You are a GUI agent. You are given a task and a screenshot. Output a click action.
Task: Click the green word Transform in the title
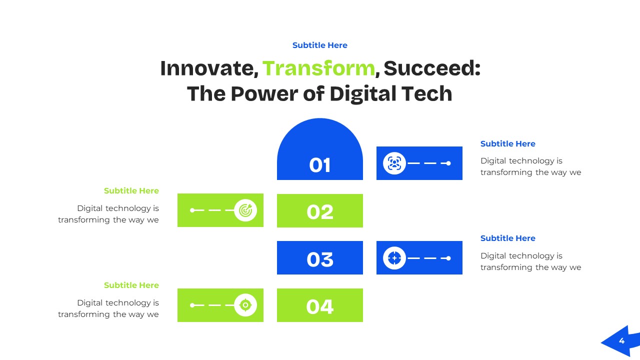tap(318, 68)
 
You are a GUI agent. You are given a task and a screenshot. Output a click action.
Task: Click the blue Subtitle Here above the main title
tap(319, 45)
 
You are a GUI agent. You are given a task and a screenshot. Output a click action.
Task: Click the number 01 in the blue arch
tap(320, 165)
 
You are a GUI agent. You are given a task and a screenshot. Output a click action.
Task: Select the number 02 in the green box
tap(320, 212)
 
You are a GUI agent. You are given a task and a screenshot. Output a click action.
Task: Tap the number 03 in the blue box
tap(320, 259)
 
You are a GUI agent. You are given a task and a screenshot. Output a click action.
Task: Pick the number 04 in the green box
tap(320, 306)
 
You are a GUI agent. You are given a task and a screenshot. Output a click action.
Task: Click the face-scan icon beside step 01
tap(394, 163)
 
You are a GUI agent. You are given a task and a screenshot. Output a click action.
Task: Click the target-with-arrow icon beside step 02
tap(245, 210)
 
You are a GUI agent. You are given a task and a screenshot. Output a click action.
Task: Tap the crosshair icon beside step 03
tap(394, 258)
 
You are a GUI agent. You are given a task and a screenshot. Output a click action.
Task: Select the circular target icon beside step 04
tap(245, 305)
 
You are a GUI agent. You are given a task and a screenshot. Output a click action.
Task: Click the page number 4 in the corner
tap(621, 341)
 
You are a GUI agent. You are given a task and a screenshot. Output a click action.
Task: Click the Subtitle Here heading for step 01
tap(507, 143)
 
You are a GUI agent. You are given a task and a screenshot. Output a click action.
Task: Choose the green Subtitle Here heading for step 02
tap(131, 190)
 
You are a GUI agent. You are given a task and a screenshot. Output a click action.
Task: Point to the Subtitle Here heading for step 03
tap(507, 238)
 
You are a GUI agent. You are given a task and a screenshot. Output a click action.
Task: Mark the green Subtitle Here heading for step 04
tap(131, 285)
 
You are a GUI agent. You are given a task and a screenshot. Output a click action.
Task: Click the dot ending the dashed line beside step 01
tap(448, 163)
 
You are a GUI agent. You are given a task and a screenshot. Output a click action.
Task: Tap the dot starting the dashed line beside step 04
tap(192, 305)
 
